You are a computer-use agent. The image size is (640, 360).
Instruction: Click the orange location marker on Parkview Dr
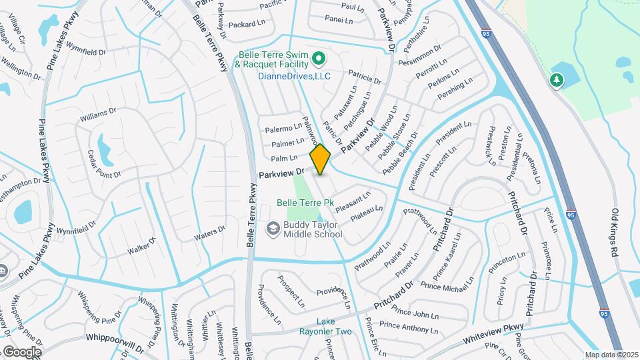320,159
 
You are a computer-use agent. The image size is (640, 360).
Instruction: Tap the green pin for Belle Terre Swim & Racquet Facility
319,59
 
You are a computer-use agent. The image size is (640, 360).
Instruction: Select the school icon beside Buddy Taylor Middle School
273,229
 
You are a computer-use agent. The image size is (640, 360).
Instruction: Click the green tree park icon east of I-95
556,81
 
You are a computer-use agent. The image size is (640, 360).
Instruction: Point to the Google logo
21,351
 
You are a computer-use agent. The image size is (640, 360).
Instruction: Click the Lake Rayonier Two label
325,327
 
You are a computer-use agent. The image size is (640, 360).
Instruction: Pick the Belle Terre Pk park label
305,202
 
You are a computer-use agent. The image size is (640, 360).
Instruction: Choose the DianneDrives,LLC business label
294,76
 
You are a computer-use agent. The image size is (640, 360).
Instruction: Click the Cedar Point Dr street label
104,164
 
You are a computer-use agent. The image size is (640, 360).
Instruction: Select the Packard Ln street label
247,24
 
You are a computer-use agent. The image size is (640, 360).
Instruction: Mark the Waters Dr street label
210,233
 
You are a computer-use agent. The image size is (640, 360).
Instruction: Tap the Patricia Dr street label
364,77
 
